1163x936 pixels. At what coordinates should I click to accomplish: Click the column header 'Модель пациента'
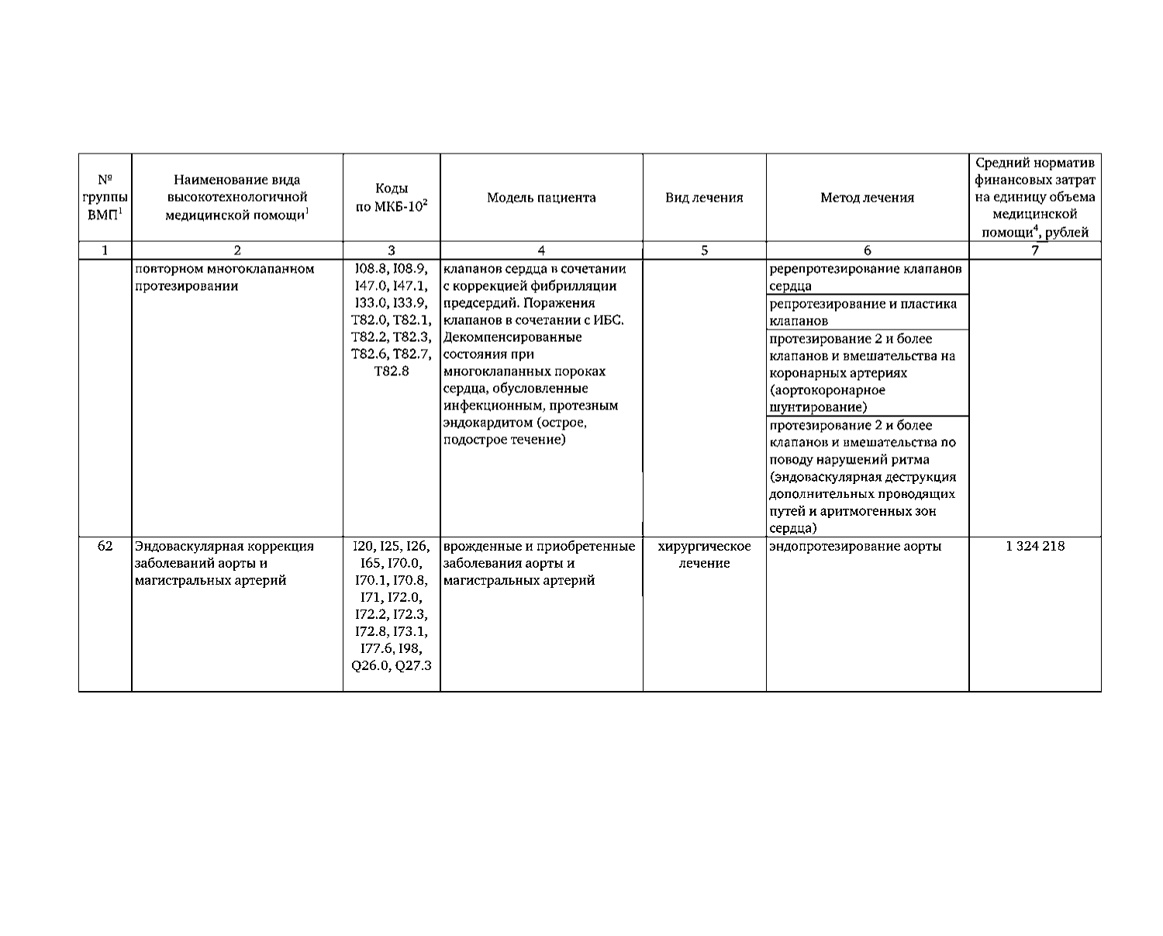541,198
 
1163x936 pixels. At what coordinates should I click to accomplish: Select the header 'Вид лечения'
704,198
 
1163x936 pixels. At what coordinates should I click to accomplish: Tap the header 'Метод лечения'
867,198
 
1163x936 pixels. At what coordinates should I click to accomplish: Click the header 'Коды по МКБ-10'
391,198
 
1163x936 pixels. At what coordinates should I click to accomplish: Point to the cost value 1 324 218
1034,546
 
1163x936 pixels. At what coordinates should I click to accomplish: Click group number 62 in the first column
105,546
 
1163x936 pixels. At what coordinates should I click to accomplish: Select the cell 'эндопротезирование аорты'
855,546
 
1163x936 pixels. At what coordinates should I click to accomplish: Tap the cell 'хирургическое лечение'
704,554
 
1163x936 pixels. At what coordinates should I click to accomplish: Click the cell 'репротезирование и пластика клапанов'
863,312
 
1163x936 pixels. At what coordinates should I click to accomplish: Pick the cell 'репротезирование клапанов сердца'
865,277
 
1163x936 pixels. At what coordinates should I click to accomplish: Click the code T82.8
391,371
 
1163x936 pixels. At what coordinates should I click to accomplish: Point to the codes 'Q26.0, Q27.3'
391,665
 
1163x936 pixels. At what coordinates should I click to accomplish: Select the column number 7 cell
1034,250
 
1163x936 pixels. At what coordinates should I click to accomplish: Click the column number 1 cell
105,250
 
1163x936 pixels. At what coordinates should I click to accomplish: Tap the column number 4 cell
541,250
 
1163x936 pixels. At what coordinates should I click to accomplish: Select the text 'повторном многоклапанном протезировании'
224,277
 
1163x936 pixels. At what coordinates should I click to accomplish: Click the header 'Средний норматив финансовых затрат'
1034,198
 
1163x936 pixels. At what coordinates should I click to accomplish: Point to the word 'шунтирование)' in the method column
818,407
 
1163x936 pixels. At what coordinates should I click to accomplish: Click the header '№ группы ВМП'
105,198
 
